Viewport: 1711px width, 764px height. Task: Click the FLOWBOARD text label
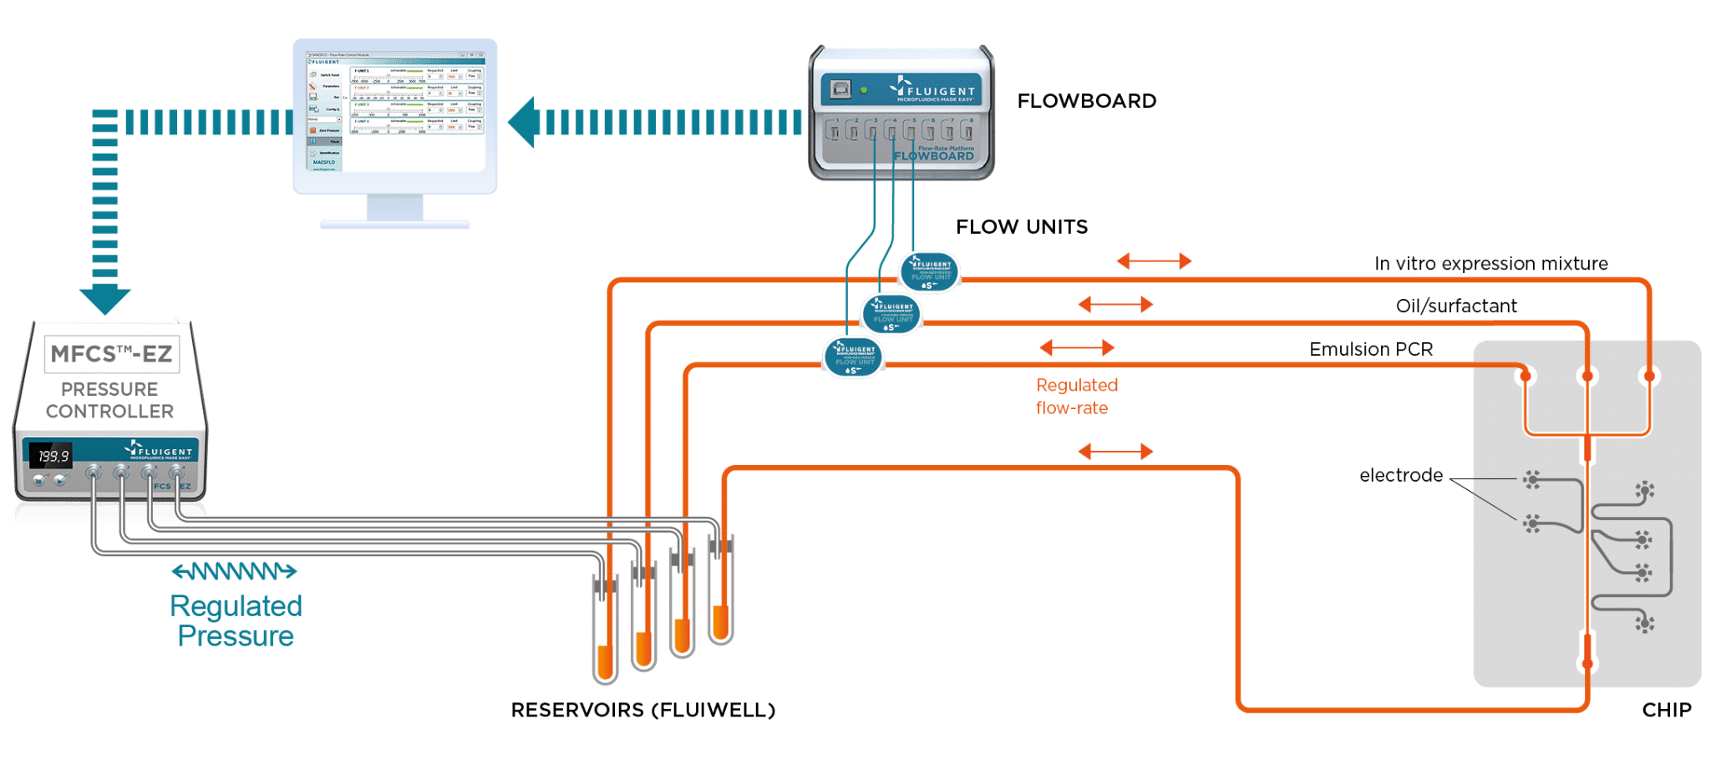[1086, 101]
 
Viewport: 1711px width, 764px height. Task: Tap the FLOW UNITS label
[1021, 226]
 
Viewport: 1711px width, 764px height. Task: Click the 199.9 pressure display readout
[53, 456]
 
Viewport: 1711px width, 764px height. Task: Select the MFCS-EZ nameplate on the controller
[111, 354]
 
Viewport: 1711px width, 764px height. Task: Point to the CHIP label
[1666, 710]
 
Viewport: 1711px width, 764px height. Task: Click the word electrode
[1400, 475]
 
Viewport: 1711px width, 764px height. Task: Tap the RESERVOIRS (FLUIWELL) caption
[642, 710]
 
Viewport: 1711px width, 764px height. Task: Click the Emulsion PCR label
[1370, 349]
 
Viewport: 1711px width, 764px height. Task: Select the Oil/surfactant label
[1455, 306]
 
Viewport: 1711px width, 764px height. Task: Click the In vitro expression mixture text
[1490, 264]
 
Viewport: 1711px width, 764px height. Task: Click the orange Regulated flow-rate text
[1076, 397]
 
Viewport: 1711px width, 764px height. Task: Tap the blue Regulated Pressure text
[236, 620]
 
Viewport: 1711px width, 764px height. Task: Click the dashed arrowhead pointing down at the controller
[105, 300]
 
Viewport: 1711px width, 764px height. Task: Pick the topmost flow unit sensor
[929, 272]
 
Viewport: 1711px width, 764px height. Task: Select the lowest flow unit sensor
[853, 357]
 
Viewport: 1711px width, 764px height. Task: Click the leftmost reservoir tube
[605, 626]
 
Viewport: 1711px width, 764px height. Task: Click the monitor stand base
[395, 224]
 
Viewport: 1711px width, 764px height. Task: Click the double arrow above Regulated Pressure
[235, 572]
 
